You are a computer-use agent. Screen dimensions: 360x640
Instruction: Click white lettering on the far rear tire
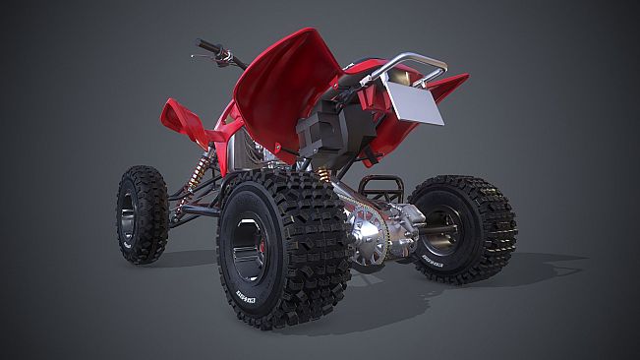pos(434,263)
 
